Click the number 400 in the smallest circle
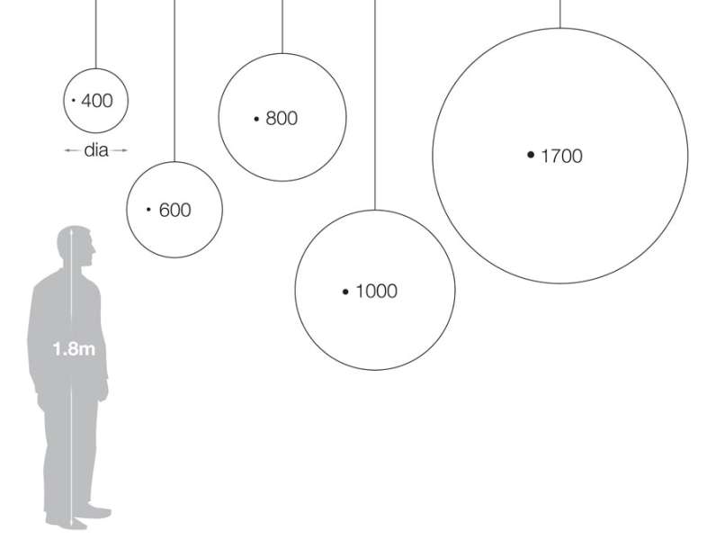(x=97, y=101)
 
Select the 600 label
(x=175, y=210)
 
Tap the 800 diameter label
(x=282, y=119)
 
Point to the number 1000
(x=376, y=291)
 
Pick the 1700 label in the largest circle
(x=562, y=156)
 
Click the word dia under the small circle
(x=96, y=150)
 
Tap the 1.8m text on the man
(x=74, y=348)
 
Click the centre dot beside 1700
(x=531, y=155)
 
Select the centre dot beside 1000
(x=345, y=292)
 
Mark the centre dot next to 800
(x=256, y=119)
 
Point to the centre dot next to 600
(x=148, y=209)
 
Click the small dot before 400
(x=74, y=100)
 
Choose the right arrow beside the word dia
(x=119, y=150)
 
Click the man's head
(x=76, y=245)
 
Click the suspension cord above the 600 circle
(x=175, y=81)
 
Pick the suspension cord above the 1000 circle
(x=375, y=105)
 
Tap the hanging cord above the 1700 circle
(x=559, y=13)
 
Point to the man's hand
(x=103, y=390)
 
